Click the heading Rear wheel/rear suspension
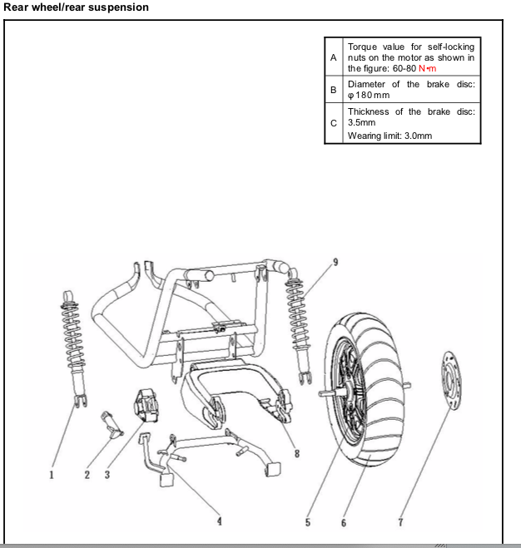point(76,7)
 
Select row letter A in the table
point(334,57)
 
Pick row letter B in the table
point(334,90)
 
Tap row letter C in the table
point(334,123)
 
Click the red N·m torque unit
point(426,68)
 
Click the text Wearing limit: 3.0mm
point(390,135)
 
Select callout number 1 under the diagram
point(51,476)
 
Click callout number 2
point(87,476)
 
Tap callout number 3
point(107,476)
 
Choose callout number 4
point(220,521)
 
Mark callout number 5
point(307,522)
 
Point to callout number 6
point(343,522)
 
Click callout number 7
point(401,522)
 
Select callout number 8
point(296,453)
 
